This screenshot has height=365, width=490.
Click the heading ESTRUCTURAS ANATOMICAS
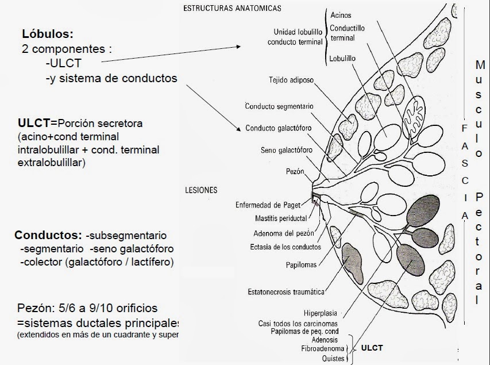click(232, 9)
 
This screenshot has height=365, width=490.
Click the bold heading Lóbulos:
click(48, 34)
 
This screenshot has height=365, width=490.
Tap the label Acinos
click(341, 16)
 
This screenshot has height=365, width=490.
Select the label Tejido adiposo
click(291, 80)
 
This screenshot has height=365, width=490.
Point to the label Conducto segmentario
click(279, 106)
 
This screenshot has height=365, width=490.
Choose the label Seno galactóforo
click(286, 151)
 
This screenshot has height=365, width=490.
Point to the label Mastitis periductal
click(280, 218)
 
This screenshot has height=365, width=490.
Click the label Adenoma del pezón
click(280, 233)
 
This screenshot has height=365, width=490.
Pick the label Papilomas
click(299, 265)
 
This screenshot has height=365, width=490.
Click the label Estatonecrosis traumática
click(285, 291)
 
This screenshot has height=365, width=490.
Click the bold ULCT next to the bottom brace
click(372, 348)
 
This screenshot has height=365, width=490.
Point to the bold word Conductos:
click(49, 236)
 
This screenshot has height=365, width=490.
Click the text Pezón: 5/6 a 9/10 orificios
click(87, 308)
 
